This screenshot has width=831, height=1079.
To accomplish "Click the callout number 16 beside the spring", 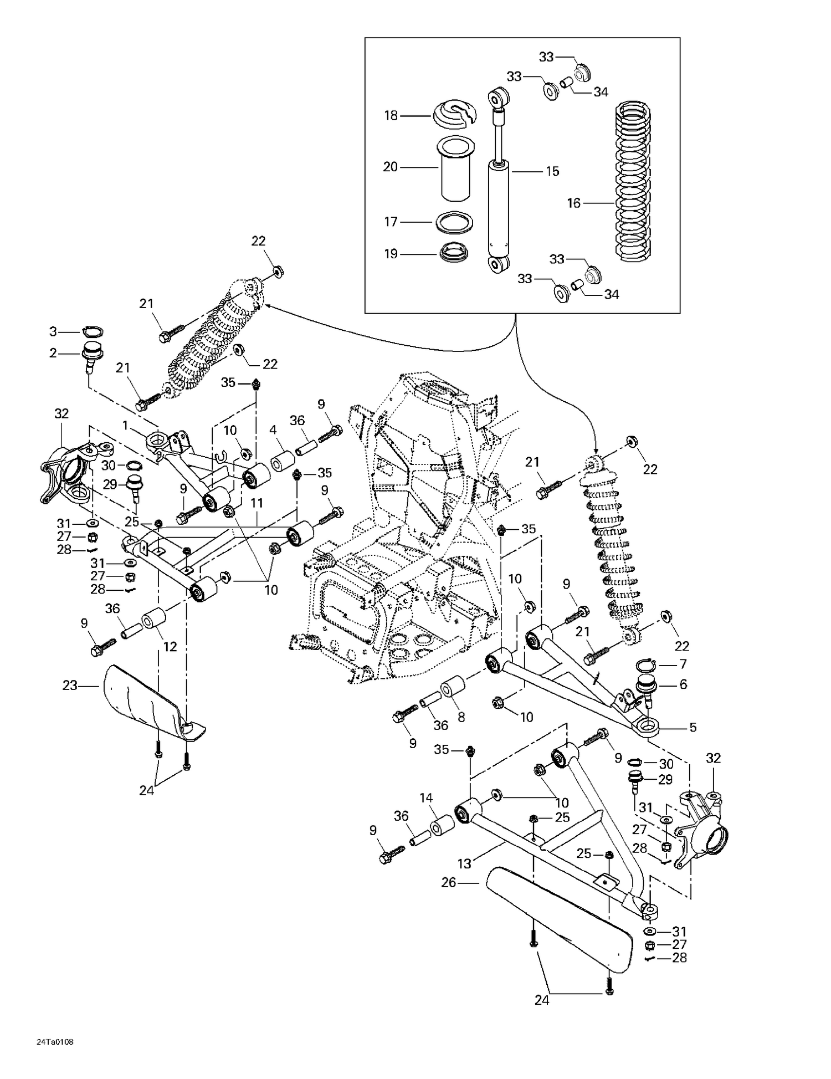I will (573, 203).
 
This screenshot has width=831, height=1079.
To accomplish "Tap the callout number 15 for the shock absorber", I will (552, 171).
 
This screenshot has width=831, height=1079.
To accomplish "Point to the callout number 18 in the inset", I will (391, 116).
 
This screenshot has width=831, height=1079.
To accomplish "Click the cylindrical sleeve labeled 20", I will (456, 172).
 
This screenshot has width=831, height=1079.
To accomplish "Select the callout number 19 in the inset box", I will (391, 254).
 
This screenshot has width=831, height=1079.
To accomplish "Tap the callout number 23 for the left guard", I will (70, 686).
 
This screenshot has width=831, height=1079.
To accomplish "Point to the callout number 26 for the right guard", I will (448, 882).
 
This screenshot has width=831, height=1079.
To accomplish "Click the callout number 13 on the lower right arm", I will (464, 863).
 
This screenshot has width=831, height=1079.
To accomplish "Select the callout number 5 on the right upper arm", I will (693, 728).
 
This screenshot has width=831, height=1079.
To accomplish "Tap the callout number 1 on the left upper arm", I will (125, 425).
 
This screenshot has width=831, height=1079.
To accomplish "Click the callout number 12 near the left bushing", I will (170, 646).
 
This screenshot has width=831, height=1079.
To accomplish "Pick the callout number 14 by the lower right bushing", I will (425, 798).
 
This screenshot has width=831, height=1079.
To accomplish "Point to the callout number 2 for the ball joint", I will (53, 352).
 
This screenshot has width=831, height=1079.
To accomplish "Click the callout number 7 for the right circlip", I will (683, 664).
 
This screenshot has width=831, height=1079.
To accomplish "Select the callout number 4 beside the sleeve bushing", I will (273, 429).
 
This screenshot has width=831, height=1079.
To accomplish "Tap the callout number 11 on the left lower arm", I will (257, 503).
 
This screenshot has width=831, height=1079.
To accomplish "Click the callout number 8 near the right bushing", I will (461, 717).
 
